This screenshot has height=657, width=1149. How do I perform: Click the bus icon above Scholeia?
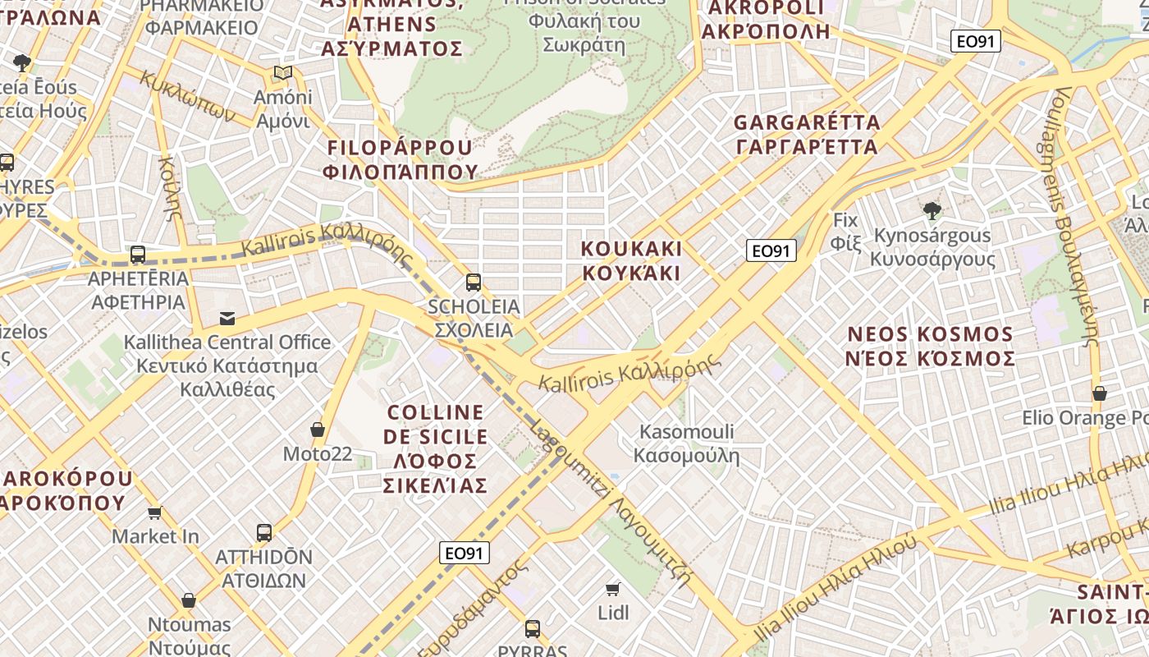(x=474, y=283)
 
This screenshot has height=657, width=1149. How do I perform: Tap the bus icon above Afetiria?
(x=138, y=255)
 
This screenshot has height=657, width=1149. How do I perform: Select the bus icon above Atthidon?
(x=264, y=532)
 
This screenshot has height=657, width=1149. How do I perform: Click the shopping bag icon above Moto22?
(x=318, y=430)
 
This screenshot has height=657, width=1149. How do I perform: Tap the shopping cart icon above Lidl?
(x=612, y=589)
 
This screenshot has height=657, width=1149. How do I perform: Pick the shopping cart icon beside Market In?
(x=154, y=513)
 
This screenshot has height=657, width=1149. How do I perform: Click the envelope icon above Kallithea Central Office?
(x=227, y=319)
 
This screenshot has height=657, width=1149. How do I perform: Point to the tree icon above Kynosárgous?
(x=932, y=211)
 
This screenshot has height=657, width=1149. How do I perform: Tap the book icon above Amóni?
(x=283, y=73)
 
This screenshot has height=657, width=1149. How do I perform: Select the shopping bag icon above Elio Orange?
(x=1100, y=394)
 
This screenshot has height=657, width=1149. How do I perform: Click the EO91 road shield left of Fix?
(x=771, y=250)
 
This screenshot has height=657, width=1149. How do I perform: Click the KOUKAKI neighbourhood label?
(x=632, y=260)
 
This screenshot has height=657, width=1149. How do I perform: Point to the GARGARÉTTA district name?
(x=807, y=135)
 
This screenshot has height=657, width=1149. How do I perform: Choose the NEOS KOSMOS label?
(x=931, y=346)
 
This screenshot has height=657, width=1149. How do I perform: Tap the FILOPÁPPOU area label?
(x=401, y=159)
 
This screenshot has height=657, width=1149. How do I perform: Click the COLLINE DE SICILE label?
(x=436, y=448)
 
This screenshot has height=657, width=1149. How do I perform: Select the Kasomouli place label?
(x=687, y=443)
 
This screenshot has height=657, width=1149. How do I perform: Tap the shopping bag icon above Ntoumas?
(x=189, y=600)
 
